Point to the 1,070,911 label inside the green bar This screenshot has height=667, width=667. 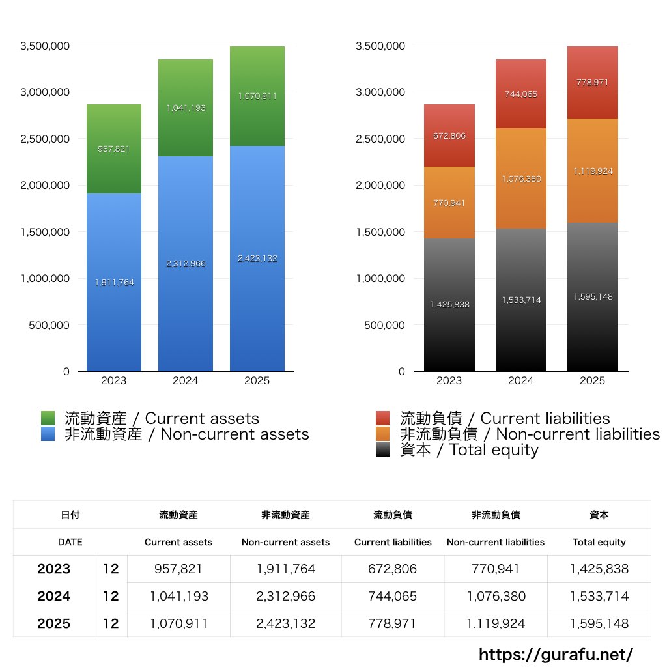tap(257, 96)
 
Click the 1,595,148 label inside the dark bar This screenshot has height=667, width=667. tap(593, 297)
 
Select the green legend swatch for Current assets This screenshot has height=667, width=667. tap(48, 418)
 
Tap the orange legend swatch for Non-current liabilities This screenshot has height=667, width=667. tap(383, 434)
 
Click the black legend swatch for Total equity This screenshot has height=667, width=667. tap(383, 449)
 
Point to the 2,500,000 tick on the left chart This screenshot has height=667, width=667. tap(45, 139)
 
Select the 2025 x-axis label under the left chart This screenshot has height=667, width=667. tap(257, 381)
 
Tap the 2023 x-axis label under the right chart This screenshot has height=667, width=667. tap(449, 381)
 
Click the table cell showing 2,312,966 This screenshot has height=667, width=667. tap(285, 596)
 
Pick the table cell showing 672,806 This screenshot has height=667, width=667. tap(393, 569)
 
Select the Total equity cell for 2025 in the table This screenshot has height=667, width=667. tap(599, 623)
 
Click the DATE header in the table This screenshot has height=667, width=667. tap(70, 542)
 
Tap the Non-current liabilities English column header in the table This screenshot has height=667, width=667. tap(496, 542)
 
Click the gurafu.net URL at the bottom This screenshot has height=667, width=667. tap(556, 654)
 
